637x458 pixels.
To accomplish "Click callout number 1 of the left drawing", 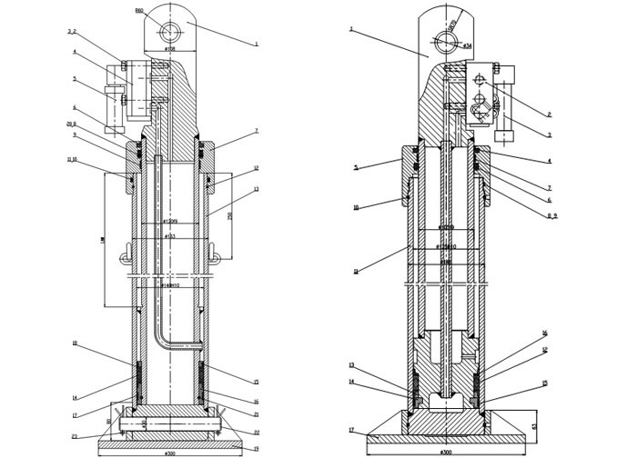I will tap(258, 44).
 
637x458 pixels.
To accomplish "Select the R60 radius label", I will tap(139, 11).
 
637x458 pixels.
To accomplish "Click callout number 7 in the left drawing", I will tap(258, 132).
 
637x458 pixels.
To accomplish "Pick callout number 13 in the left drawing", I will tap(258, 189).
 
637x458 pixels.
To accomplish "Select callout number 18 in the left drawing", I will tap(76, 343).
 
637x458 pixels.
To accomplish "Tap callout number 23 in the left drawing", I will tap(76, 437).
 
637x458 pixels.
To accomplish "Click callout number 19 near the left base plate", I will tap(258, 449).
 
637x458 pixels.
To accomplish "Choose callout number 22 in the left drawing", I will tap(258, 432).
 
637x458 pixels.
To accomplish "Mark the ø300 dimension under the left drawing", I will tap(169, 453).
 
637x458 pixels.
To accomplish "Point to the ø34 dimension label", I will tap(467, 45).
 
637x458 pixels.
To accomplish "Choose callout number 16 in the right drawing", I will tap(545, 333).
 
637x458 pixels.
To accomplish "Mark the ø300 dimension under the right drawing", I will tap(446, 452).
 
